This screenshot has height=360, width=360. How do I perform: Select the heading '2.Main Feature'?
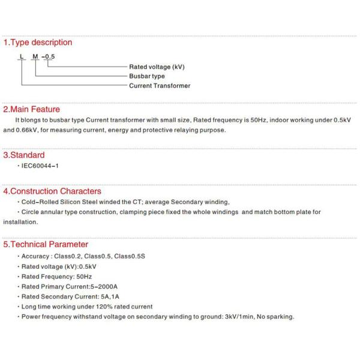(x=32, y=110)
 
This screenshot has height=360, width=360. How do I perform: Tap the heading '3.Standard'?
(x=24, y=155)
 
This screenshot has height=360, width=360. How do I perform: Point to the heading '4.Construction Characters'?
(x=52, y=191)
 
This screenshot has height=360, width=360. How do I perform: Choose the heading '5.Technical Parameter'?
(x=46, y=245)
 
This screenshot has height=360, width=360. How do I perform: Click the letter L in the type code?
(x=21, y=56)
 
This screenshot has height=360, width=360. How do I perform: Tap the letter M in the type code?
(x=35, y=56)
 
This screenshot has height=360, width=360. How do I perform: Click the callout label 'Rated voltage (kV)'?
(x=157, y=67)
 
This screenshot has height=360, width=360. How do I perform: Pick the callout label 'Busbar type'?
(x=146, y=76)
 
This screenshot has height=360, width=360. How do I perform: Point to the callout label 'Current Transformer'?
(x=160, y=86)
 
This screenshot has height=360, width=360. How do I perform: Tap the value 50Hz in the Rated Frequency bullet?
(x=83, y=277)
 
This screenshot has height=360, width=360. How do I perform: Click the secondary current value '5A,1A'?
(x=107, y=297)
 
